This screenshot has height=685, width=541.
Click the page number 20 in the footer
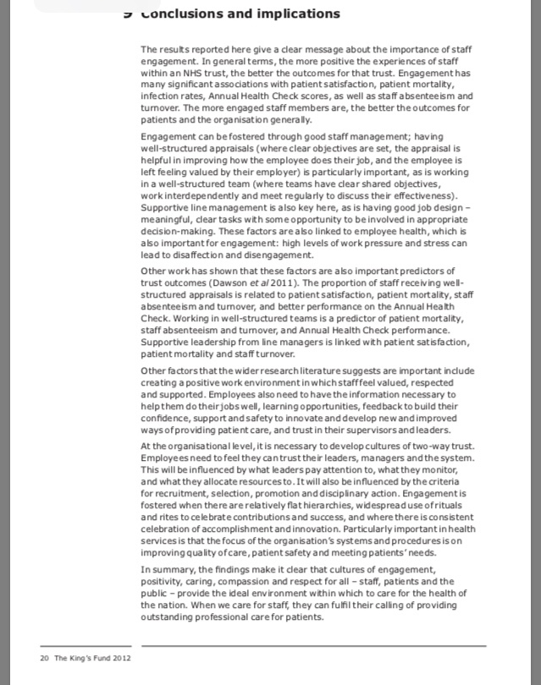coord(44,658)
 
